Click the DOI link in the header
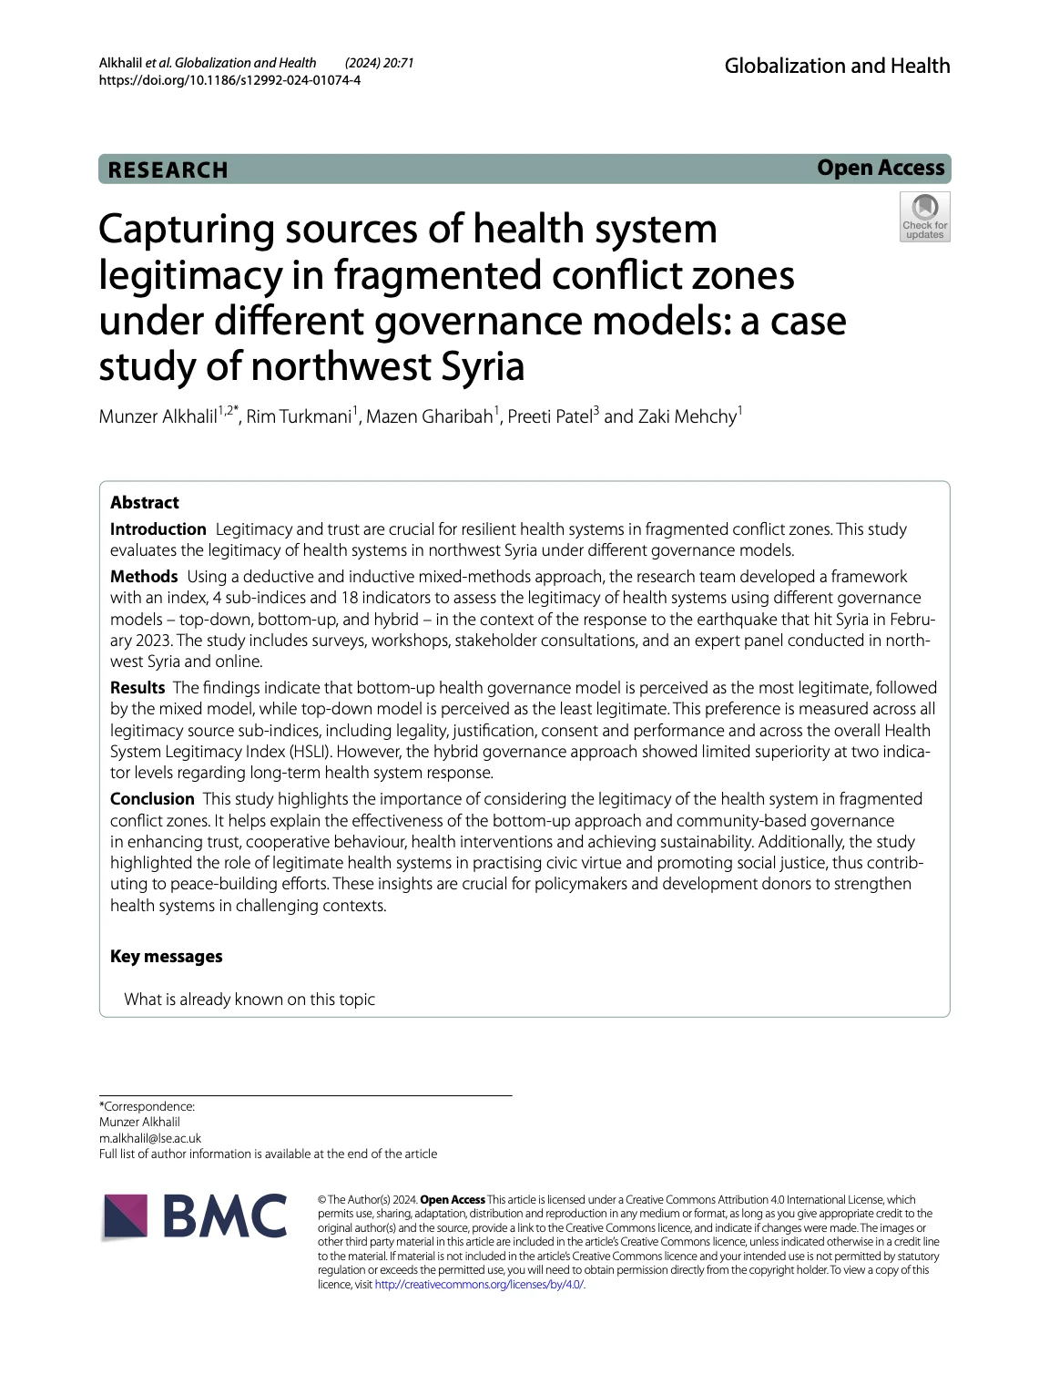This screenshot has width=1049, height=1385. point(229,80)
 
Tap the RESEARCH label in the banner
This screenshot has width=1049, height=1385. point(168,170)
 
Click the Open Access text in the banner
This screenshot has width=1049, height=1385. point(881,169)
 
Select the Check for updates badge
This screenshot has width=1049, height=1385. point(924,217)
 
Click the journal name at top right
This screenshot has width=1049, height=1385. point(837,66)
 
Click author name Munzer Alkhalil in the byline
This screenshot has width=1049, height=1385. point(158,417)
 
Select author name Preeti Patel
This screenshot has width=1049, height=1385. point(549,417)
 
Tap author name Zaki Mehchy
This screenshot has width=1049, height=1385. point(687,417)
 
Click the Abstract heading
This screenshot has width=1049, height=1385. point(145,502)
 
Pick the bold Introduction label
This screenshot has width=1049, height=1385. point(158,529)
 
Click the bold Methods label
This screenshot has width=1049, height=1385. point(144,577)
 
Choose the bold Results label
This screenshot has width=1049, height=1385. point(137,688)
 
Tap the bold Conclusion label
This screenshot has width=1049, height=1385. point(152,799)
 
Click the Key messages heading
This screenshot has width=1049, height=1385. point(166,957)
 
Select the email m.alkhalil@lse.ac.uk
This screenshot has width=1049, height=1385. point(150,1138)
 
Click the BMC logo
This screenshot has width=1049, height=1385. point(195,1216)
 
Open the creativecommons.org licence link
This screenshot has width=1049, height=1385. point(479,1285)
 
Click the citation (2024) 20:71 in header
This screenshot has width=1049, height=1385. point(380,63)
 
